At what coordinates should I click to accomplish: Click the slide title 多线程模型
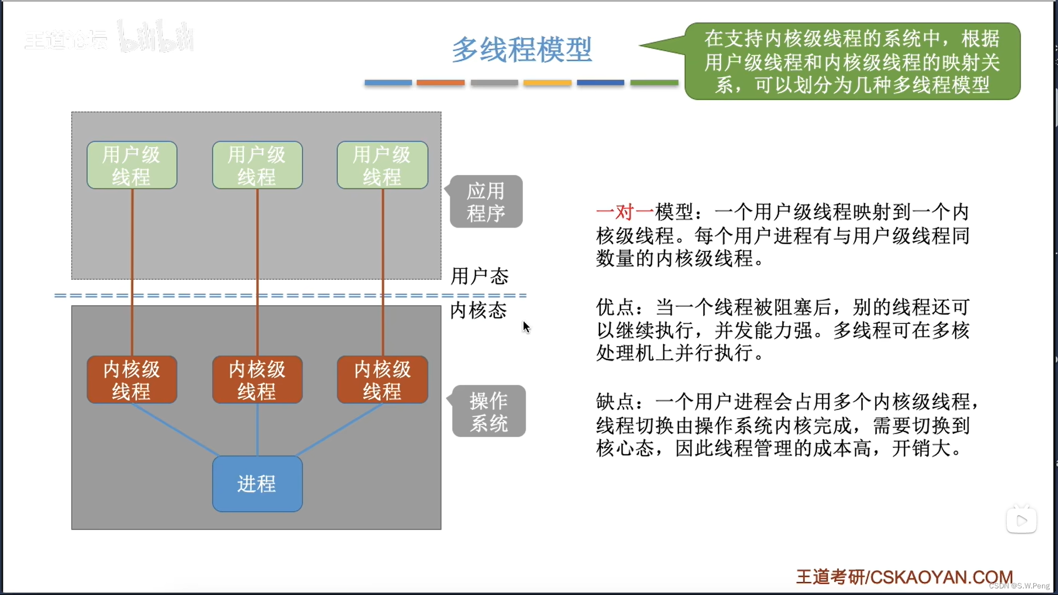click(521, 50)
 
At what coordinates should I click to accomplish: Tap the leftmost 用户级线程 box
click(132, 165)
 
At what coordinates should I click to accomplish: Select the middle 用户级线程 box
click(257, 165)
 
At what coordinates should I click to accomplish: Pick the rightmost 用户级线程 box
click(382, 165)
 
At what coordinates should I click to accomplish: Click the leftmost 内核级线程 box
click(132, 380)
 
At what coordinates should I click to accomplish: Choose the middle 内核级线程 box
click(257, 380)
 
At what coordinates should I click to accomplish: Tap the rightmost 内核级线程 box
click(382, 380)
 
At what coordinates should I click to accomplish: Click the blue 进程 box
click(257, 484)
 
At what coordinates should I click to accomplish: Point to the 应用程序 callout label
click(486, 202)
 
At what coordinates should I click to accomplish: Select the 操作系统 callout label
click(489, 411)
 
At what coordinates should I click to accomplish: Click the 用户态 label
click(479, 276)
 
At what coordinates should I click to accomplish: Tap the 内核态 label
click(478, 310)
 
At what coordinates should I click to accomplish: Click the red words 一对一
click(625, 212)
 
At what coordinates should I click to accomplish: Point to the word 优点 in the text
click(615, 307)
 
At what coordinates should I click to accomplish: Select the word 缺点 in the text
click(615, 402)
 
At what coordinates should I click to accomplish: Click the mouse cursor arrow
click(526, 327)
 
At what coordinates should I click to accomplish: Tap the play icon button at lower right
click(1021, 520)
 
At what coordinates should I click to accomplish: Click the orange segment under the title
click(440, 83)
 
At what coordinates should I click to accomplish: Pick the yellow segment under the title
click(547, 83)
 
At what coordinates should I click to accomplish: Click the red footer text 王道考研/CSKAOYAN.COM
click(904, 577)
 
